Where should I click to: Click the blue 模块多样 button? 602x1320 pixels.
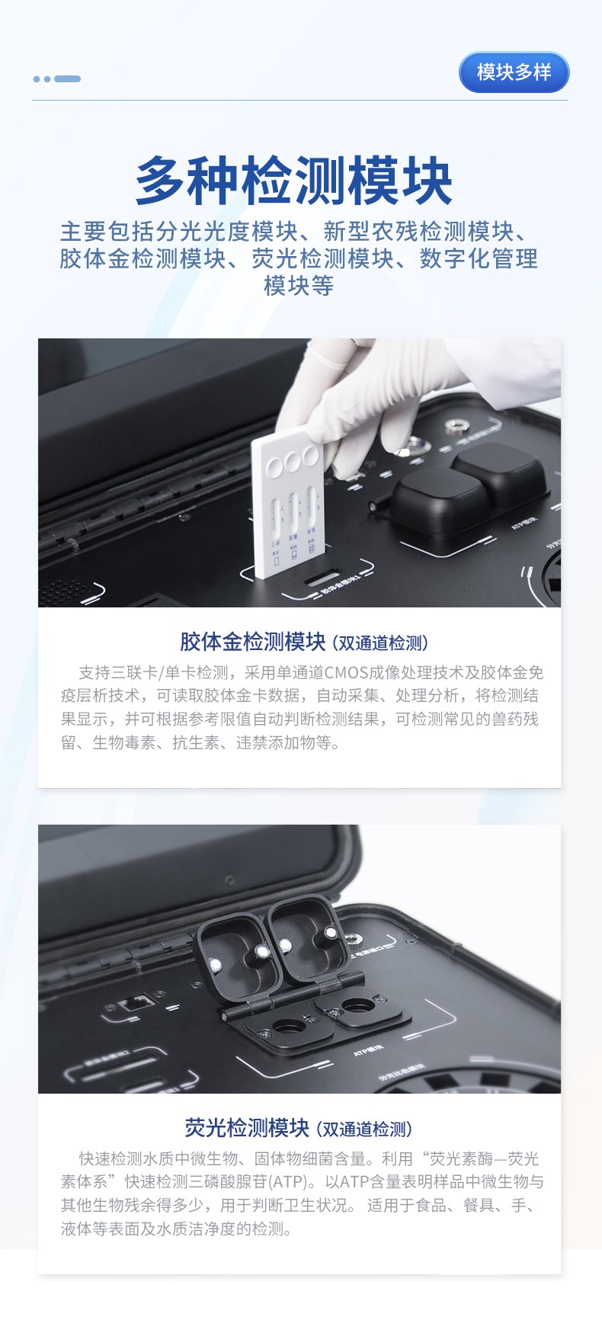[514, 72]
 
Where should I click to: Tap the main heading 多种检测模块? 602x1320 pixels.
[294, 181]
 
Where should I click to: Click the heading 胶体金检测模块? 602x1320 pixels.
[252, 642]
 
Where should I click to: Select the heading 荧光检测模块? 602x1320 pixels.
[247, 1128]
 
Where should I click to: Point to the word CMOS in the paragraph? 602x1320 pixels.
[346, 673]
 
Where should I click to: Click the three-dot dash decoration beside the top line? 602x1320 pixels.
[57, 78]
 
